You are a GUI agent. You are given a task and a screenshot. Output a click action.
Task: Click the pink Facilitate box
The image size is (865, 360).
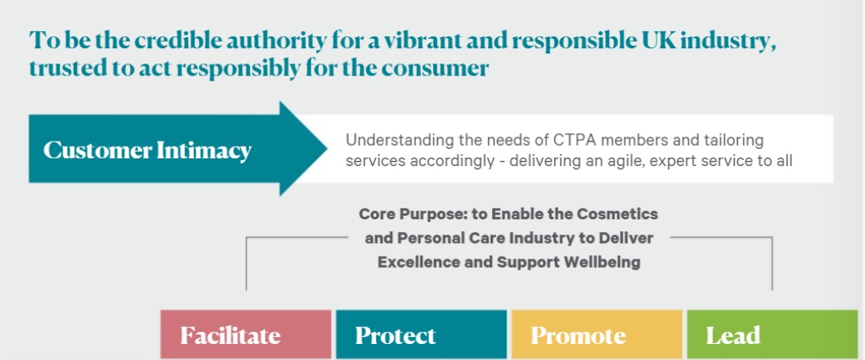[x=246, y=335]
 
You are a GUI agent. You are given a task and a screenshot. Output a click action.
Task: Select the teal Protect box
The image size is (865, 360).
[x=421, y=335]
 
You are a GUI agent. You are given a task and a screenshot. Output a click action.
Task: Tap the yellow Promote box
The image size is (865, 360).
[x=597, y=335]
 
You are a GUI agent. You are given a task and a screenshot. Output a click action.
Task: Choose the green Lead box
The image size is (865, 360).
[x=773, y=335]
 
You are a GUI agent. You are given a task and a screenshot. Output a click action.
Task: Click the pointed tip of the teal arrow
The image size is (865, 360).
[x=326, y=149]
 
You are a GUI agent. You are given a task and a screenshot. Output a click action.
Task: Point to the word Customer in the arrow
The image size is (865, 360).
[x=97, y=150]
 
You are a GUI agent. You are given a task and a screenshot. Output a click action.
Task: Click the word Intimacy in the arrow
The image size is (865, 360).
[x=204, y=151]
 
